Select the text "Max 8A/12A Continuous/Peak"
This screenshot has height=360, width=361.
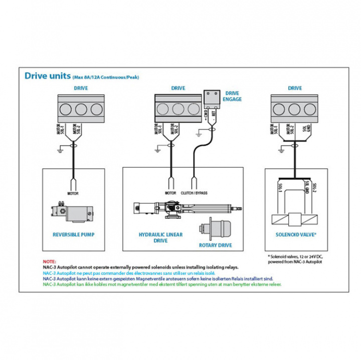pyautogui.click(x=105, y=78)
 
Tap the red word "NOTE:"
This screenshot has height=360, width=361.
pyautogui.click(x=50, y=262)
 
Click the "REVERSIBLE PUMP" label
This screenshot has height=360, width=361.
pyautogui.click(x=74, y=234)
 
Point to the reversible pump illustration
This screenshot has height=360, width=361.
pyautogui.click(x=73, y=212)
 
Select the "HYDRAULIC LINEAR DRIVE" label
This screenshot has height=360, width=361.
pyautogui.click(x=160, y=237)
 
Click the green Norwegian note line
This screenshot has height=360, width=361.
pyautogui.click(x=161, y=284)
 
